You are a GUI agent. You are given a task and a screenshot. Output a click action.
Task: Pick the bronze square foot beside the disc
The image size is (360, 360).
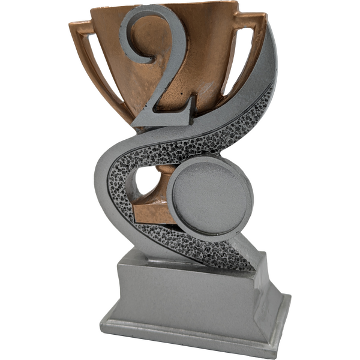[152, 212]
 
